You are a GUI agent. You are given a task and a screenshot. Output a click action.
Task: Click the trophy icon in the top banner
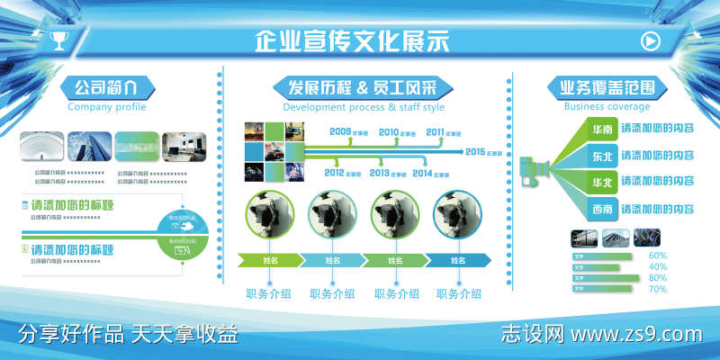pos(59,40)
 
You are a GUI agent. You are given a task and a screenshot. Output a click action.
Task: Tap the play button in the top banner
pos(649,40)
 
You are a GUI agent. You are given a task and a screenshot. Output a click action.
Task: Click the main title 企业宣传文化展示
pos(352,41)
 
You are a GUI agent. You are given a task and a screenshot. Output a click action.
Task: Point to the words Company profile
pos(106,107)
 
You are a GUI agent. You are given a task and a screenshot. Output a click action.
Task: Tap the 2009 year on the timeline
pos(340,132)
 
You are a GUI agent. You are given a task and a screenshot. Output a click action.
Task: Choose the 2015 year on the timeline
pos(476,151)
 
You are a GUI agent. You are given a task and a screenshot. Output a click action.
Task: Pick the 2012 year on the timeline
pos(335,172)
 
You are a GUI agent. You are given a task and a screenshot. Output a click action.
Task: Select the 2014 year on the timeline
pos(424,172)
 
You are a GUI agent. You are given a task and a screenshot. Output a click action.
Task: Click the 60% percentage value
pos(657,256)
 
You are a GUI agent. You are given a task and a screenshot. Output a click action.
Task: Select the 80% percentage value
pos(657,278)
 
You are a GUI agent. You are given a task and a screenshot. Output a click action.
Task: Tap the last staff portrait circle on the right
pos(458,217)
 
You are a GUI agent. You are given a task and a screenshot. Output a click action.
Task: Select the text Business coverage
pos(607,107)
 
